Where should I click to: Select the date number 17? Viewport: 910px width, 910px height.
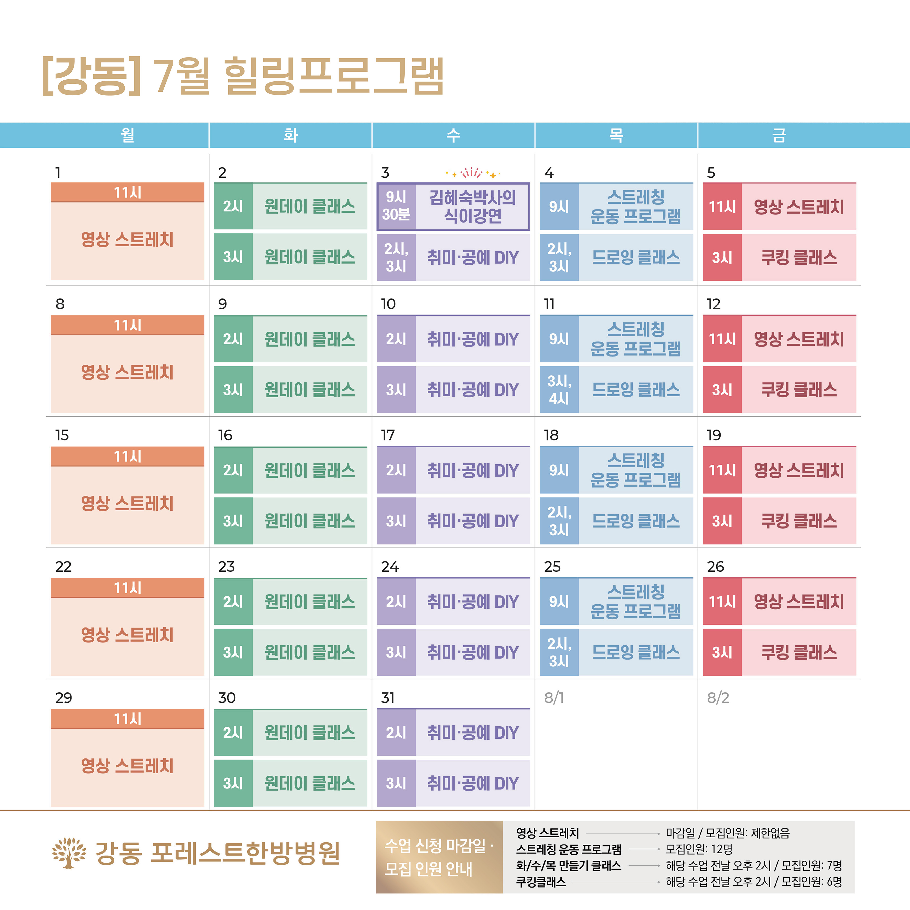click(x=388, y=435)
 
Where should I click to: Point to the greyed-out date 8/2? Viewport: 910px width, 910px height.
click(x=718, y=698)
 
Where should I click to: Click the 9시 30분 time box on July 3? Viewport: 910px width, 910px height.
click(x=396, y=206)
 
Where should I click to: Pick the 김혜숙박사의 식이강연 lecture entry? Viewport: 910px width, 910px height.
click(x=472, y=206)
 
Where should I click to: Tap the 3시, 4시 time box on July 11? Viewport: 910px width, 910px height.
click(x=559, y=390)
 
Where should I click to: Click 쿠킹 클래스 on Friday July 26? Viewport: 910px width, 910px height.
click(x=799, y=652)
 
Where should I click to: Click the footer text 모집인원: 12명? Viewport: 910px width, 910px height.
click(x=699, y=849)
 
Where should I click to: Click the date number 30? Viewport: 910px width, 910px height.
click(x=227, y=698)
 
